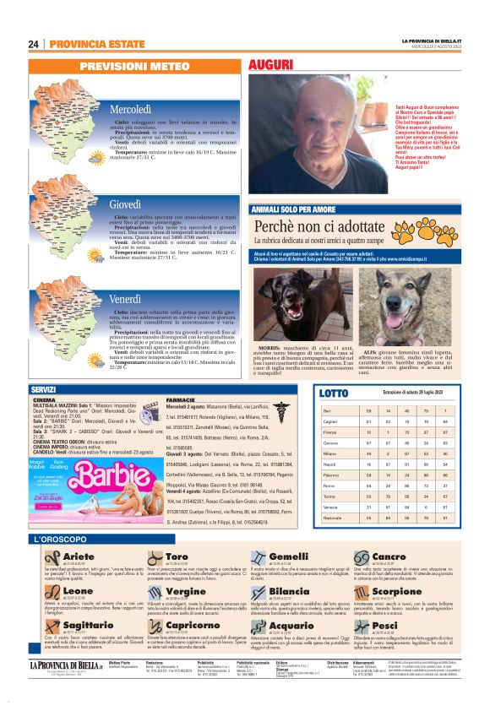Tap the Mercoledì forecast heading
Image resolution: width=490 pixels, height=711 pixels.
click(x=130, y=110)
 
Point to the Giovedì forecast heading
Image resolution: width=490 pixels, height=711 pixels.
click(x=125, y=204)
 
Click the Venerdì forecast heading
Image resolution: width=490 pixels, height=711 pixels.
click(x=125, y=300)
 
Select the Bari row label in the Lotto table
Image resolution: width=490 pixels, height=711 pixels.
click(x=327, y=410)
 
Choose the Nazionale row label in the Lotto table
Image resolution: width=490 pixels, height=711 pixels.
click(x=331, y=516)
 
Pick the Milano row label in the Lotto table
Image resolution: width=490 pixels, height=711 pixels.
click(x=329, y=453)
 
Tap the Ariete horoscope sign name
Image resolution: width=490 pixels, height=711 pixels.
click(x=79, y=556)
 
